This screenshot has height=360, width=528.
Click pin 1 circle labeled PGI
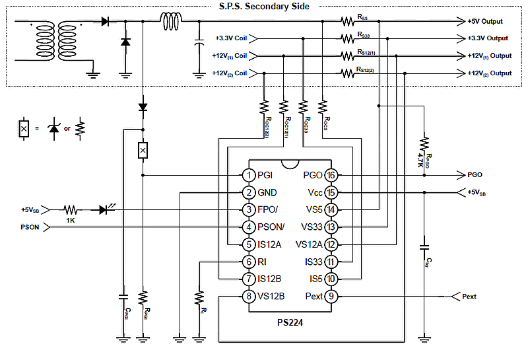click(x=248, y=175)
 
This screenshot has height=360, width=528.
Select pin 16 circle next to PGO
click(x=331, y=175)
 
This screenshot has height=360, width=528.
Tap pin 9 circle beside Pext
click(x=331, y=296)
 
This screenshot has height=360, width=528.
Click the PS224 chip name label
click(x=290, y=323)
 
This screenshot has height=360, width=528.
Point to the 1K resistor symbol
click(x=70, y=210)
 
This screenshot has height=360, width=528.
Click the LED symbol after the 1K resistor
click(x=104, y=210)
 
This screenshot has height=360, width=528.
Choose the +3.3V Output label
click(x=488, y=38)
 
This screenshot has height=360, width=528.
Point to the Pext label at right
click(x=469, y=296)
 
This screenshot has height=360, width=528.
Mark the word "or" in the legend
click(x=67, y=127)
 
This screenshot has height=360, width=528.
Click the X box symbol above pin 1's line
click(x=143, y=151)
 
